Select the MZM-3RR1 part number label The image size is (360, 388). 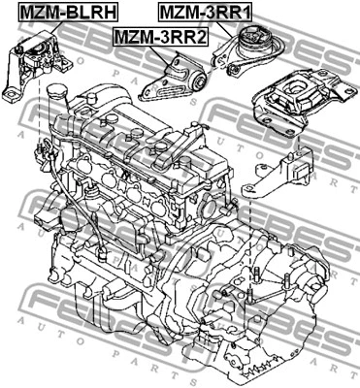[205, 13]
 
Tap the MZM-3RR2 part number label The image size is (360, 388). [161, 37]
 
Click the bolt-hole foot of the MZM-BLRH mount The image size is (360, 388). [10, 95]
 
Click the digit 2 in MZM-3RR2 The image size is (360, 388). [201, 37]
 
